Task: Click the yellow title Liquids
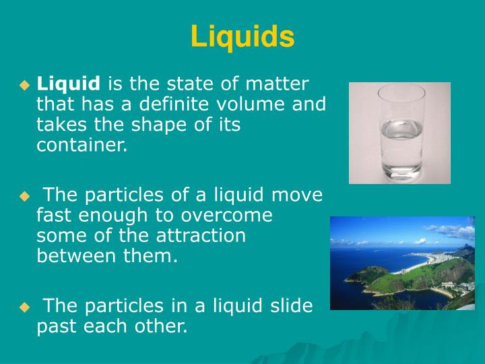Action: tap(243, 36)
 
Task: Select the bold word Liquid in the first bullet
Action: tap(68, 84)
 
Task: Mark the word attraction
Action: tap(196, 236)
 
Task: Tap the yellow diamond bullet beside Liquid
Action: tap(25, 86)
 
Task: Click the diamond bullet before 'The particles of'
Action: tap(25, 197)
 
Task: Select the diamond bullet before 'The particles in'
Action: tap(25, 307)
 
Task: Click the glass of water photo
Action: tap(399, 133)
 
